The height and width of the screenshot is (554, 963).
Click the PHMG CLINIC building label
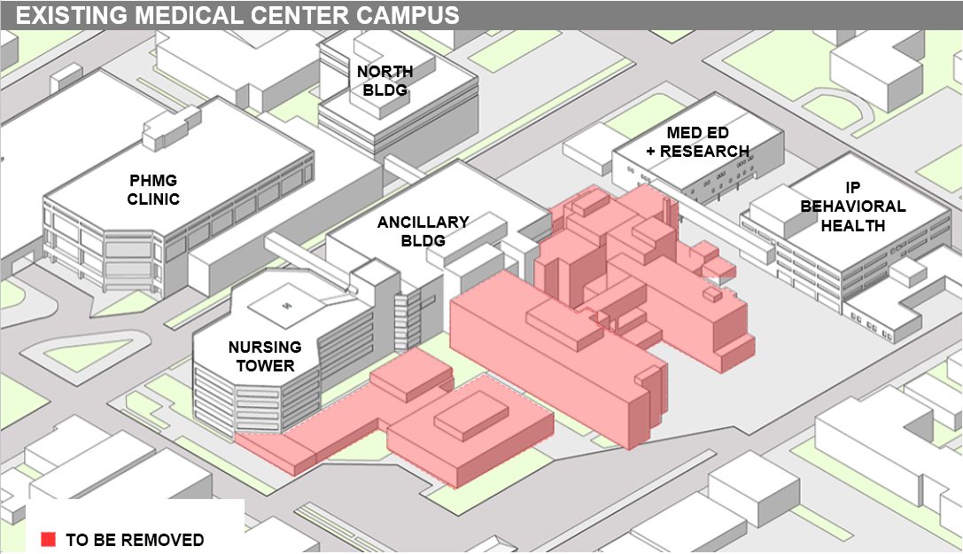point(153,188)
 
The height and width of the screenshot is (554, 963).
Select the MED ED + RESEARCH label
point(698,142)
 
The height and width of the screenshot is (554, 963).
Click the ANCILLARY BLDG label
point(423,230)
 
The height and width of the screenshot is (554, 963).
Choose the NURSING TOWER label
point(265,355)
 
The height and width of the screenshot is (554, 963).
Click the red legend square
point(49,539)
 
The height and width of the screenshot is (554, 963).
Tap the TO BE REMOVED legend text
point(135,540)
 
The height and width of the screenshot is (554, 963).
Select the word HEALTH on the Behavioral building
point(852,225)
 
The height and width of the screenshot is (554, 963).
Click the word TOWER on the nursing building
point(265,365)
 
